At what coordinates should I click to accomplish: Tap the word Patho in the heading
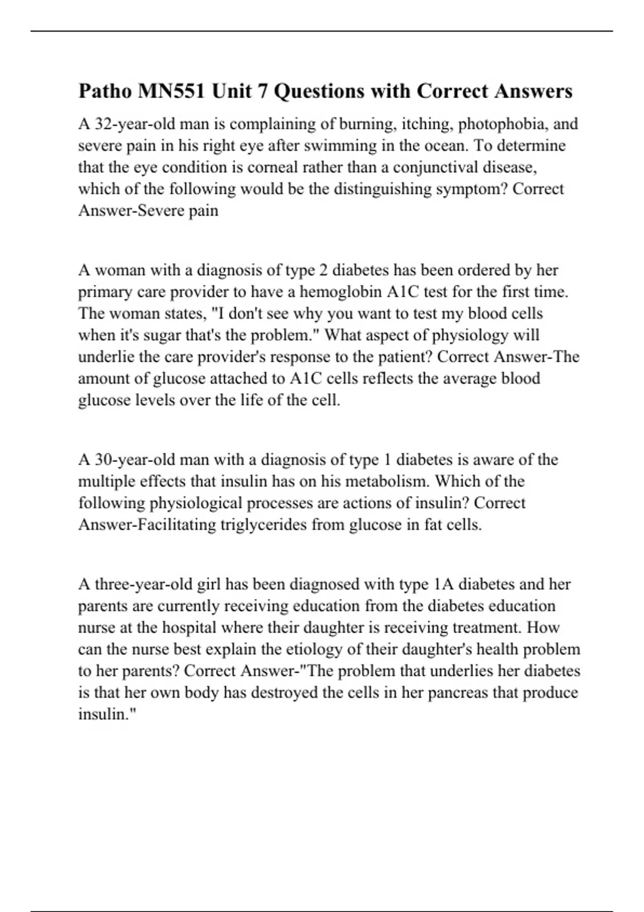(105, 91)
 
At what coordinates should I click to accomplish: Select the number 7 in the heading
(262, 91)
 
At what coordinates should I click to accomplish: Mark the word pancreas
(456, 693)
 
